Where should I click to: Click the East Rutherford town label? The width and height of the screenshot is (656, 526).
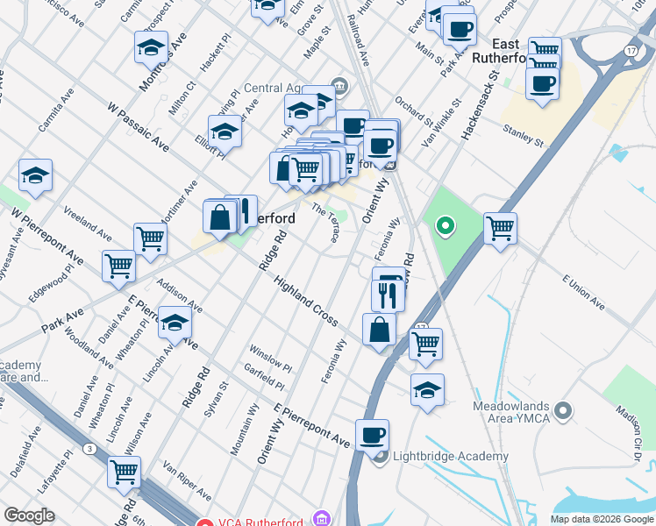(497, 51)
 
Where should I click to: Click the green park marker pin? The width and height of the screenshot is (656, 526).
(445, 226)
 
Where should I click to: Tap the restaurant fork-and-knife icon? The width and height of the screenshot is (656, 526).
(388, 295)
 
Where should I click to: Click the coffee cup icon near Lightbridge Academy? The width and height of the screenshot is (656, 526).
(372, 435)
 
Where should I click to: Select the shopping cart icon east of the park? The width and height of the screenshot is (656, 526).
(500, 228)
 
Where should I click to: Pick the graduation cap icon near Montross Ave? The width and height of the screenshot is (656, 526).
(151, 46)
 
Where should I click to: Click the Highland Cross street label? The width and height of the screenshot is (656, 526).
(305, 302)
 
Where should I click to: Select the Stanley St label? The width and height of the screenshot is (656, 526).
(524, 137)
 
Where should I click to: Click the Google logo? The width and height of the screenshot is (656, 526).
(29, 515)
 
